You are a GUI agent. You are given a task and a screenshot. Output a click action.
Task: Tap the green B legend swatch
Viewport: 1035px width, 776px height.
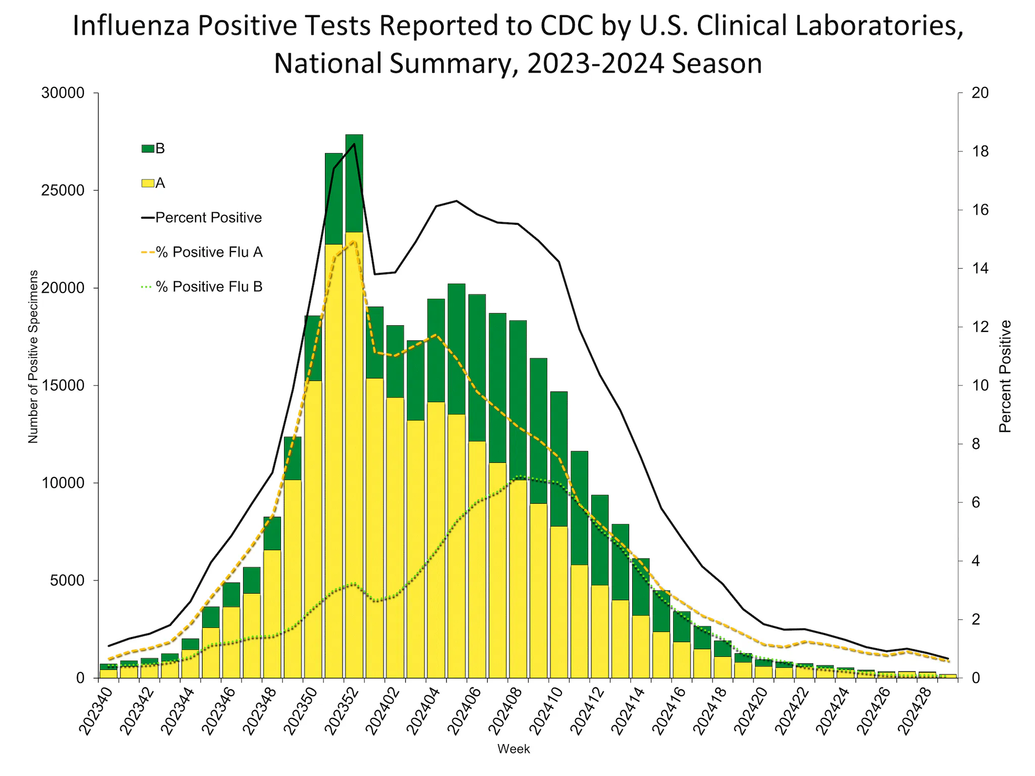pos(148,149)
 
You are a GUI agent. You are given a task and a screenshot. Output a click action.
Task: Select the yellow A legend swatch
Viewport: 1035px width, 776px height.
pos(148,183)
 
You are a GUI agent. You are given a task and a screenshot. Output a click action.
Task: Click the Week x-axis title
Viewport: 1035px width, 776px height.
pos(513,749)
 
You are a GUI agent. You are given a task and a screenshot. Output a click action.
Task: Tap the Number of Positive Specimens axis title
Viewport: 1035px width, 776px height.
pos(33,357)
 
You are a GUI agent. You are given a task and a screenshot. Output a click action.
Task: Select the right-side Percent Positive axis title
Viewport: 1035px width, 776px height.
pos(1005,376)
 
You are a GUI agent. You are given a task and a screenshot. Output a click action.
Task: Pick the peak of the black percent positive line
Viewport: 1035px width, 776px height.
pos(354,144)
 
